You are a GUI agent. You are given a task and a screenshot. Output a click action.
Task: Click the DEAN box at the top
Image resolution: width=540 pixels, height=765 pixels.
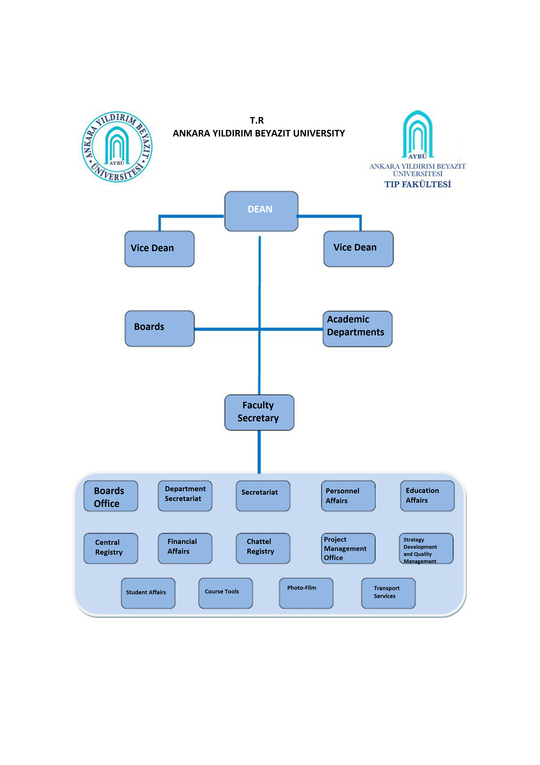(x=261, y=211)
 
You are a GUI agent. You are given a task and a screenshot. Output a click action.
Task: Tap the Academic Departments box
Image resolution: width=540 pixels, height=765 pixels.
(x=357, y=329)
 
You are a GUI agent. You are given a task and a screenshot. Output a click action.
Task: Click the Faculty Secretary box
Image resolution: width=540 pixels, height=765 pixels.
(x=259, y=412)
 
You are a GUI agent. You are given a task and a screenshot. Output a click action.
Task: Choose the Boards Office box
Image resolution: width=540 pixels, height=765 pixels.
(x=110, y=496)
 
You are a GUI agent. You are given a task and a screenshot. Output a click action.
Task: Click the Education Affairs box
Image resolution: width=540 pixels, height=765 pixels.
(x=427, y=496)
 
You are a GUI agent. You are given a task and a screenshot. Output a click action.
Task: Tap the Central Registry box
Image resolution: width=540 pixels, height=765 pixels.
(x=110, y=548)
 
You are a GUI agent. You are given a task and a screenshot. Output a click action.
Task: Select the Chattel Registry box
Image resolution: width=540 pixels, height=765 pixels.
(x=263, y=548)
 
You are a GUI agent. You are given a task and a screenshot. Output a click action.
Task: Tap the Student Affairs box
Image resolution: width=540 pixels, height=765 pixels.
(x=148, y=593)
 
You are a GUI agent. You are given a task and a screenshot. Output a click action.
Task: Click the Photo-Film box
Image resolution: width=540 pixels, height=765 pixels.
(x=306, y=593)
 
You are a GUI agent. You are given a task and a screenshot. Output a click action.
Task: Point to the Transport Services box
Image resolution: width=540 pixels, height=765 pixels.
(x=388, y=593)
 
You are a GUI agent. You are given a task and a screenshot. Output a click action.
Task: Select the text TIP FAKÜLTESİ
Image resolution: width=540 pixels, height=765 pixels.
(x=418, y=184)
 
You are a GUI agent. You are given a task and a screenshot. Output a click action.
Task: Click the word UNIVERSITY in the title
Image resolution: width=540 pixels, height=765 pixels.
(x=319, y=133)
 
